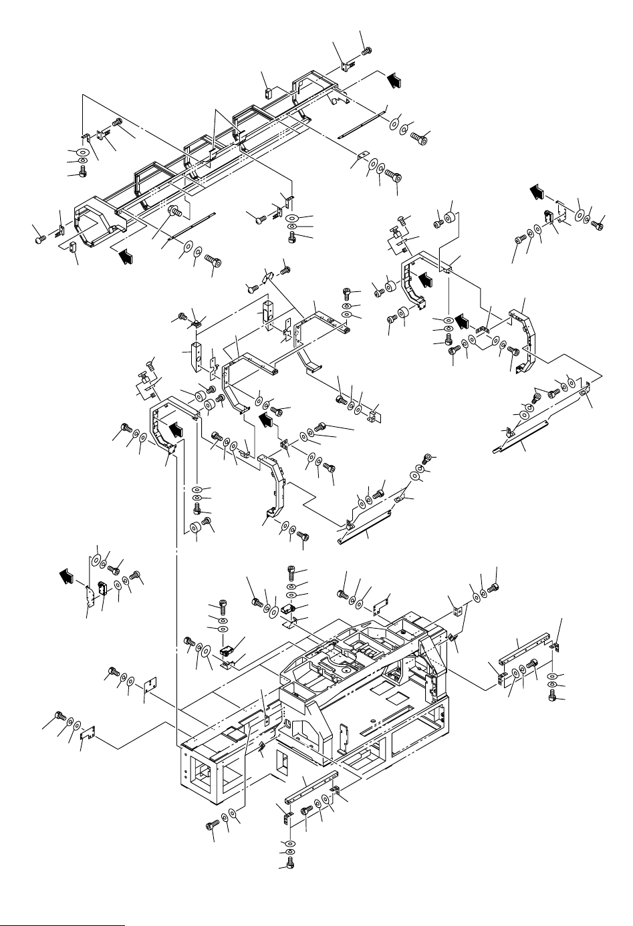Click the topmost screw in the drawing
[x=366, y=49]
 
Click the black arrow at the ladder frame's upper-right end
[x=395, y=80]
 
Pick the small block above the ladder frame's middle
[x=267, y=93]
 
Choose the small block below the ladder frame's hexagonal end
[x=74, y=250]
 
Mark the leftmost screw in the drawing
[x=39, y=236]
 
